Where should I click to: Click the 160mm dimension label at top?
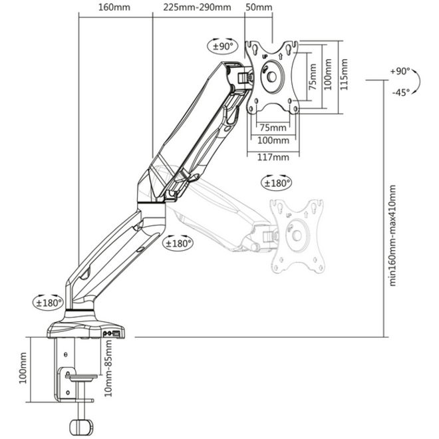pyautogui.click(x=114, y=7)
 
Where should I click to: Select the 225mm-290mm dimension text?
pyautogui.click(x=198, y=7)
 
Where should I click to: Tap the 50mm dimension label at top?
pyautogui.click(x=259, y=7)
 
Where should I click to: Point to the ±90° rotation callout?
pyautogui.click(x=223, y=45)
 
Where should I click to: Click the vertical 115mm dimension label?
pyautogui.click(x=344, y=74)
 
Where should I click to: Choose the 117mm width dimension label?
pyautogui.click(x=273, y=157)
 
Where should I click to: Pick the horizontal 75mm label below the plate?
pyautogui.click(x=273, y=128)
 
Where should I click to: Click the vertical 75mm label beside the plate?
pyautogui.click(x=313, y=76)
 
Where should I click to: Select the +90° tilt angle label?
pyautogui.click(x=400, y=71)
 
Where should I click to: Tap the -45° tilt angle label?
pyautogui.click(x=401, y=92)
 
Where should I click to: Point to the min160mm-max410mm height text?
pyautogui.click(x=392, y=235)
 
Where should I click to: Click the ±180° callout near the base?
pyautogui.click(x=49, y=303)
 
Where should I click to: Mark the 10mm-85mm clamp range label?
pyautogui.click(x=108, y=368)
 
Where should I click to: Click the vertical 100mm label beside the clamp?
pyautogui.click(x=23, y=368)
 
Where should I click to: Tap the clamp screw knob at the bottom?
pyautogui.click(x=81, y=426)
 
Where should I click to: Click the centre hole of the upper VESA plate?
pyautogui.click(x=271, y=76)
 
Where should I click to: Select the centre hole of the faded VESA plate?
pyautogui.click(x=297, y=235)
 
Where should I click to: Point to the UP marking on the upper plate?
pyautogui.click(x=265, y=57)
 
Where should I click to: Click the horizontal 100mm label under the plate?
pyautogui.click(x=273, y=140)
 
